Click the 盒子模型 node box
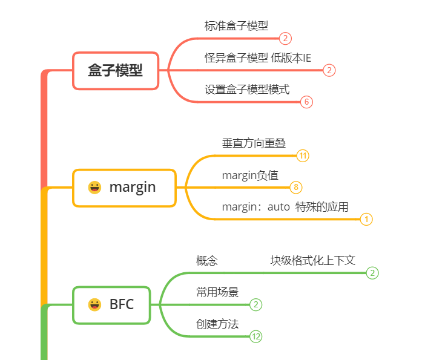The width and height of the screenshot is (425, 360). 115,71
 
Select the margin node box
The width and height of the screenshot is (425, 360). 124,188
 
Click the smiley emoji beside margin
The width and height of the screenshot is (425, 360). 94,188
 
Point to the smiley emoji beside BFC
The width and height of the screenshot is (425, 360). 94,304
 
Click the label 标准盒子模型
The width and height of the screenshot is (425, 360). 236,25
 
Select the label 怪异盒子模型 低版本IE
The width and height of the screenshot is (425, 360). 258,57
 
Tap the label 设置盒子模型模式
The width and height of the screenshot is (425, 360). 247,90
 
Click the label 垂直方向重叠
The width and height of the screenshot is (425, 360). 254,143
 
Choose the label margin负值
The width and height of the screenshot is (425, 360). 250,175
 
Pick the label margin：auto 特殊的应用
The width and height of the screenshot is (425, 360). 285,207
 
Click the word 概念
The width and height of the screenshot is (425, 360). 206,261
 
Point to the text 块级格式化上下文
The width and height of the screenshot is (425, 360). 312,260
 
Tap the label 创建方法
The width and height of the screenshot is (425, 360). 217,324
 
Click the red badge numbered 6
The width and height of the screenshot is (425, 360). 307,102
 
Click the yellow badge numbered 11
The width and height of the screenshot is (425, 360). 303,156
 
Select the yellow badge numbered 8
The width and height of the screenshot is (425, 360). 295,188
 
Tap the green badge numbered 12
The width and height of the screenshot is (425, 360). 256,337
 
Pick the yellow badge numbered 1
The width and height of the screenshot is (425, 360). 366,220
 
